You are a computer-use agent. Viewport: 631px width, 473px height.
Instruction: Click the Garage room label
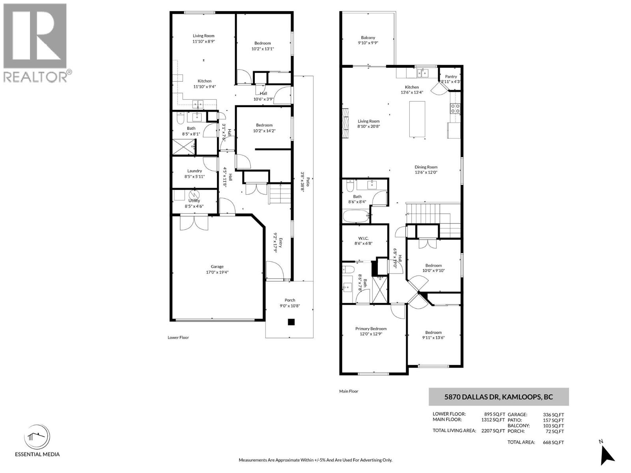pos(217,267)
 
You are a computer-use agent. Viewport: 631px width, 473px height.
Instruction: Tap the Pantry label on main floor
pos(451,77)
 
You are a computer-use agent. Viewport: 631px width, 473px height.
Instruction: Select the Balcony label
pos(368,38)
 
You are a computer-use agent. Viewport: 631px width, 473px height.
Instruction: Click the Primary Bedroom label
pos(371,329)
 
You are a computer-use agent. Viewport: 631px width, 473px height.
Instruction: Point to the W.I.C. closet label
pos(363,238)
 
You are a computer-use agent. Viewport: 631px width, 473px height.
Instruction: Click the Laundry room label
pos(194,171)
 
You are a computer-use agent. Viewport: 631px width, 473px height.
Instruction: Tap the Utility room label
pos(194,201)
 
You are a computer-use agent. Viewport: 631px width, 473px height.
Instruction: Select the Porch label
pos(290,300)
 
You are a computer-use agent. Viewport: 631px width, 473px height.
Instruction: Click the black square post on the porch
pos(291,322)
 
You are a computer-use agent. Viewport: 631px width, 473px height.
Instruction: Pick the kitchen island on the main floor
pos(417,119)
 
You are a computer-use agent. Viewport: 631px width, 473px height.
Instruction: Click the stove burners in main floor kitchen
pos(455,108)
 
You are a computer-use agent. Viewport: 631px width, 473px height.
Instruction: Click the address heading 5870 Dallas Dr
pos(498,397)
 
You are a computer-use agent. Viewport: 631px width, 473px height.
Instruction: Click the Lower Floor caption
pos(178,338)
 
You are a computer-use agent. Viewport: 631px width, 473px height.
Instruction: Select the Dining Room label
pos(426,167)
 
